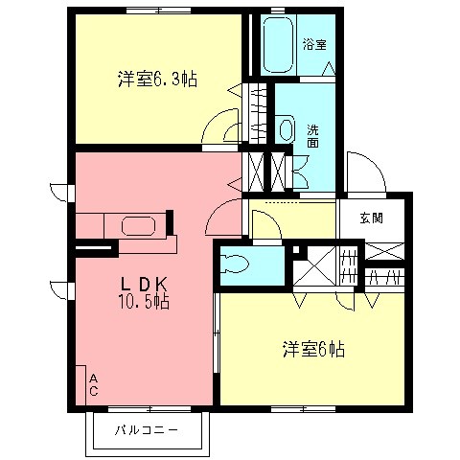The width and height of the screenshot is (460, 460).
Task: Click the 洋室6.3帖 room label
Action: (x=157, y=80)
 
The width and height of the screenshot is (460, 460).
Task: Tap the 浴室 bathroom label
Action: (x=313, y=43)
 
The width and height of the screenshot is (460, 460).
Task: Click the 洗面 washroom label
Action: (x=313, y=135)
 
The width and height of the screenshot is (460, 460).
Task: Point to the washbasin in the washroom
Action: (x=286, y=128)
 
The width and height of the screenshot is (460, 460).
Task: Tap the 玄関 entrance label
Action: (x=371, y=218)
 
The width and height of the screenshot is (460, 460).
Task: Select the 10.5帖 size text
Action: (x=144, y=302)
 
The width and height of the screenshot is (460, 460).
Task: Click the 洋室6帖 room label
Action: (x=313, y=350)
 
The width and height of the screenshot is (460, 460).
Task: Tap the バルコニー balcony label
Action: (x=147, y=429)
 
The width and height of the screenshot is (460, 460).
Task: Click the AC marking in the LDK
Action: (x=93, y=384)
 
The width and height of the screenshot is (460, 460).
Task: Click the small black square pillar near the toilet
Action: (x=297, y=251)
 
